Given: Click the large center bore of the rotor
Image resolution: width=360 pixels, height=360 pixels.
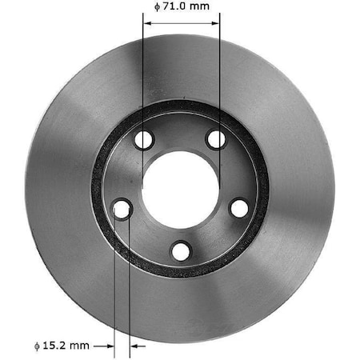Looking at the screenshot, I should click(x=180, y=189).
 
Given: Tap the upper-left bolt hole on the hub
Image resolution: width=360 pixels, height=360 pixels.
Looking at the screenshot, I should click(x=143, y=140).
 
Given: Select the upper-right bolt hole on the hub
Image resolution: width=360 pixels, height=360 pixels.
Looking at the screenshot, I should click(x=216, y=139).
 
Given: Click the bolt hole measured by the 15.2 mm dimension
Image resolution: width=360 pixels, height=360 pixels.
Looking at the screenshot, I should click(x=122, y=210).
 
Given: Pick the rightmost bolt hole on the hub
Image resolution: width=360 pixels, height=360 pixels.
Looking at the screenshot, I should click(x=239, y=208).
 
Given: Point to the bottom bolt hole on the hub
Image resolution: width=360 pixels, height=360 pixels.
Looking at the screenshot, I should click(x=181, y=251).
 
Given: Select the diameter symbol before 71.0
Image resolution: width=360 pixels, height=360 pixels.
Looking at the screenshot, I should click(x=156, y=6).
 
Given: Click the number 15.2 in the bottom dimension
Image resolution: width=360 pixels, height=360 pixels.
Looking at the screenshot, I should click(x=57, y=346).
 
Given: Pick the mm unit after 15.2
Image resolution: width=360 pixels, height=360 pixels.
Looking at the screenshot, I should click(x=81, y=346).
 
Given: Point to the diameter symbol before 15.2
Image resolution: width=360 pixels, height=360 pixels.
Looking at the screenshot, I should click(x=37, y=346).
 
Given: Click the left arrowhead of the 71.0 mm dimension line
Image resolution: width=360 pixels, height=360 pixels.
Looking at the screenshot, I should click(x=146, y=22).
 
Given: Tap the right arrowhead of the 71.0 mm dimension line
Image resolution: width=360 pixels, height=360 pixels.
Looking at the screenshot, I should click(x=215, y=22).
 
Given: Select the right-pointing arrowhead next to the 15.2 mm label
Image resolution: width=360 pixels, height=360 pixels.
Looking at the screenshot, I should click(x=110, y=346).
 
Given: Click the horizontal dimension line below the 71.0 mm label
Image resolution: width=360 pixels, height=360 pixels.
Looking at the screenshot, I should click(x=181, y=22).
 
